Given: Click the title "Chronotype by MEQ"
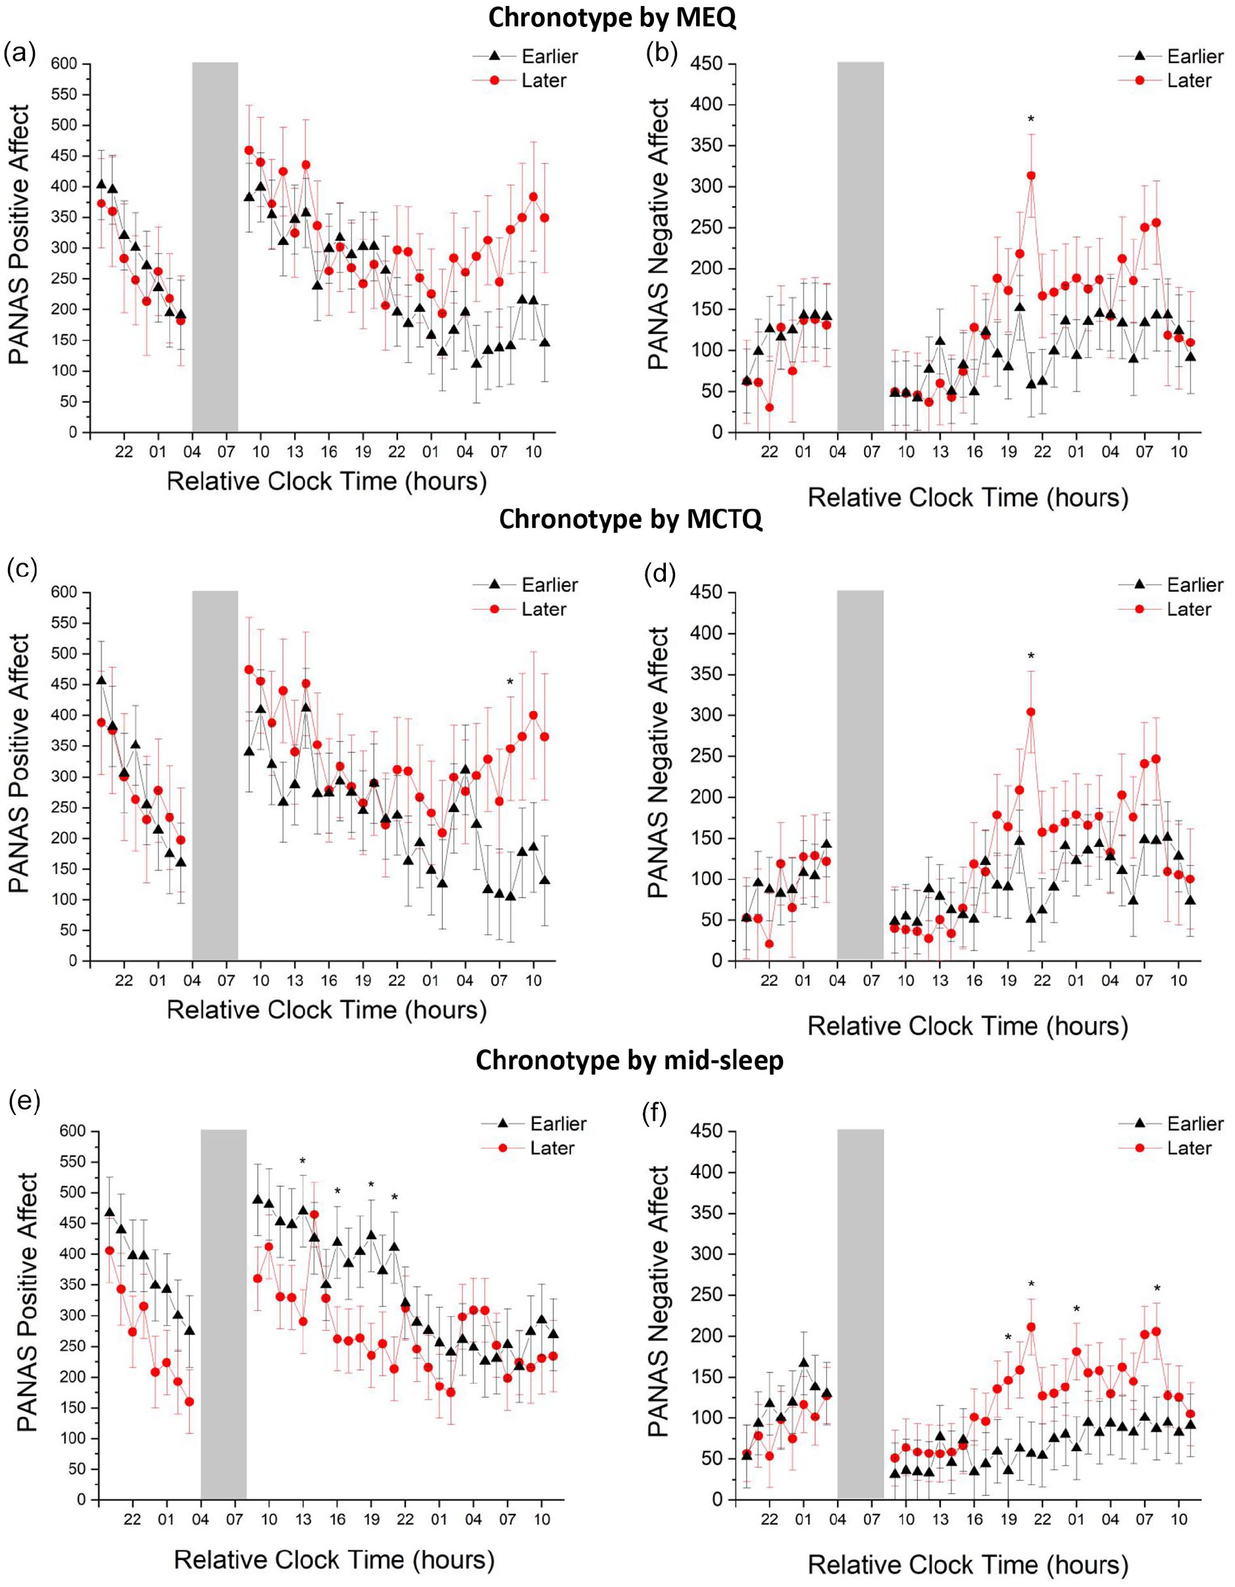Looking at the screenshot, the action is (612, 18).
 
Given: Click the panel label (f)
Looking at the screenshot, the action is (659, 1111).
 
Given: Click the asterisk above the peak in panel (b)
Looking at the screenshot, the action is (1031, 119).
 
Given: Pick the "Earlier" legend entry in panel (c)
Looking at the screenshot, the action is (525, 585).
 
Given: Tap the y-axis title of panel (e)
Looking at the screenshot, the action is (27, 1301).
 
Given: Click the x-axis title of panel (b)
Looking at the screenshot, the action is (968, 498).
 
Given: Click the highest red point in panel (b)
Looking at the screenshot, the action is (1031, 175).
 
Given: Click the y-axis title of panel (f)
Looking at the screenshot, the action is (658, 1301).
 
